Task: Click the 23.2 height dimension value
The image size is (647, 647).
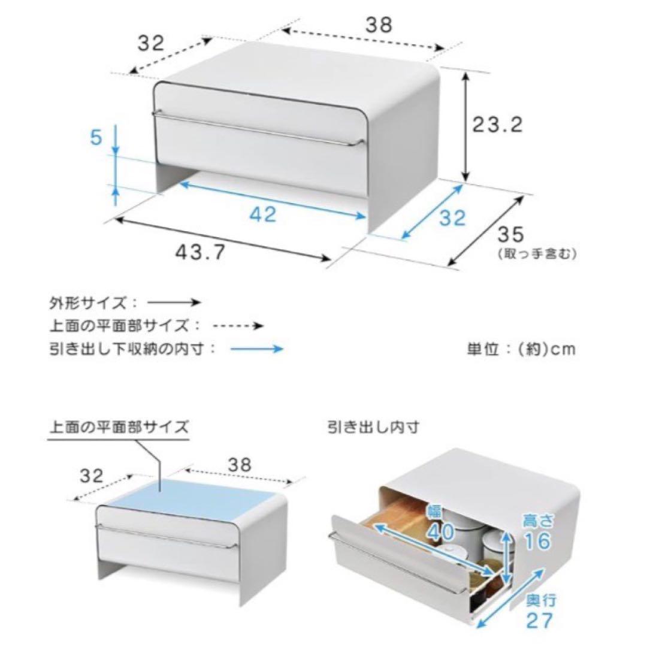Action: [x=498, y=125]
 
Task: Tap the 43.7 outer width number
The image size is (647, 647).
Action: [x=201, y=251]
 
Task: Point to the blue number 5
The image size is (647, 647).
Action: [x=96, y=137]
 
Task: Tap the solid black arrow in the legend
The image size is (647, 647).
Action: [x=174, y=303]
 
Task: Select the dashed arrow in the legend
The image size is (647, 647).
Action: [x=238, y=326]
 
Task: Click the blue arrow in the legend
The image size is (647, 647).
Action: [x=256, y=349]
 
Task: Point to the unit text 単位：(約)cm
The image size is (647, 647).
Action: [x=521, y=349]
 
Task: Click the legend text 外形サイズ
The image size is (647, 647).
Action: [x=87, y=303]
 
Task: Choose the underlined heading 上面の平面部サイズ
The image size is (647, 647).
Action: [x=119, y=427]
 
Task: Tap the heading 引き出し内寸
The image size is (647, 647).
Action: [x=373, y=427]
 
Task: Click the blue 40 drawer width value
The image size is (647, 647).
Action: [x=441, y=532]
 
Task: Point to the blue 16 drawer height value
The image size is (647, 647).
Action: [x=537, y=540]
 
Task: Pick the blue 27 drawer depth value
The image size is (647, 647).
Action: [x=539, y=620]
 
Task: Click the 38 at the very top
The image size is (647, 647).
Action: [x=379, y=25]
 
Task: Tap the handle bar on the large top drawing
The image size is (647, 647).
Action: [x=258, y=128]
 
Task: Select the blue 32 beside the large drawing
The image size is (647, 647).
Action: [x=452, y=217]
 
